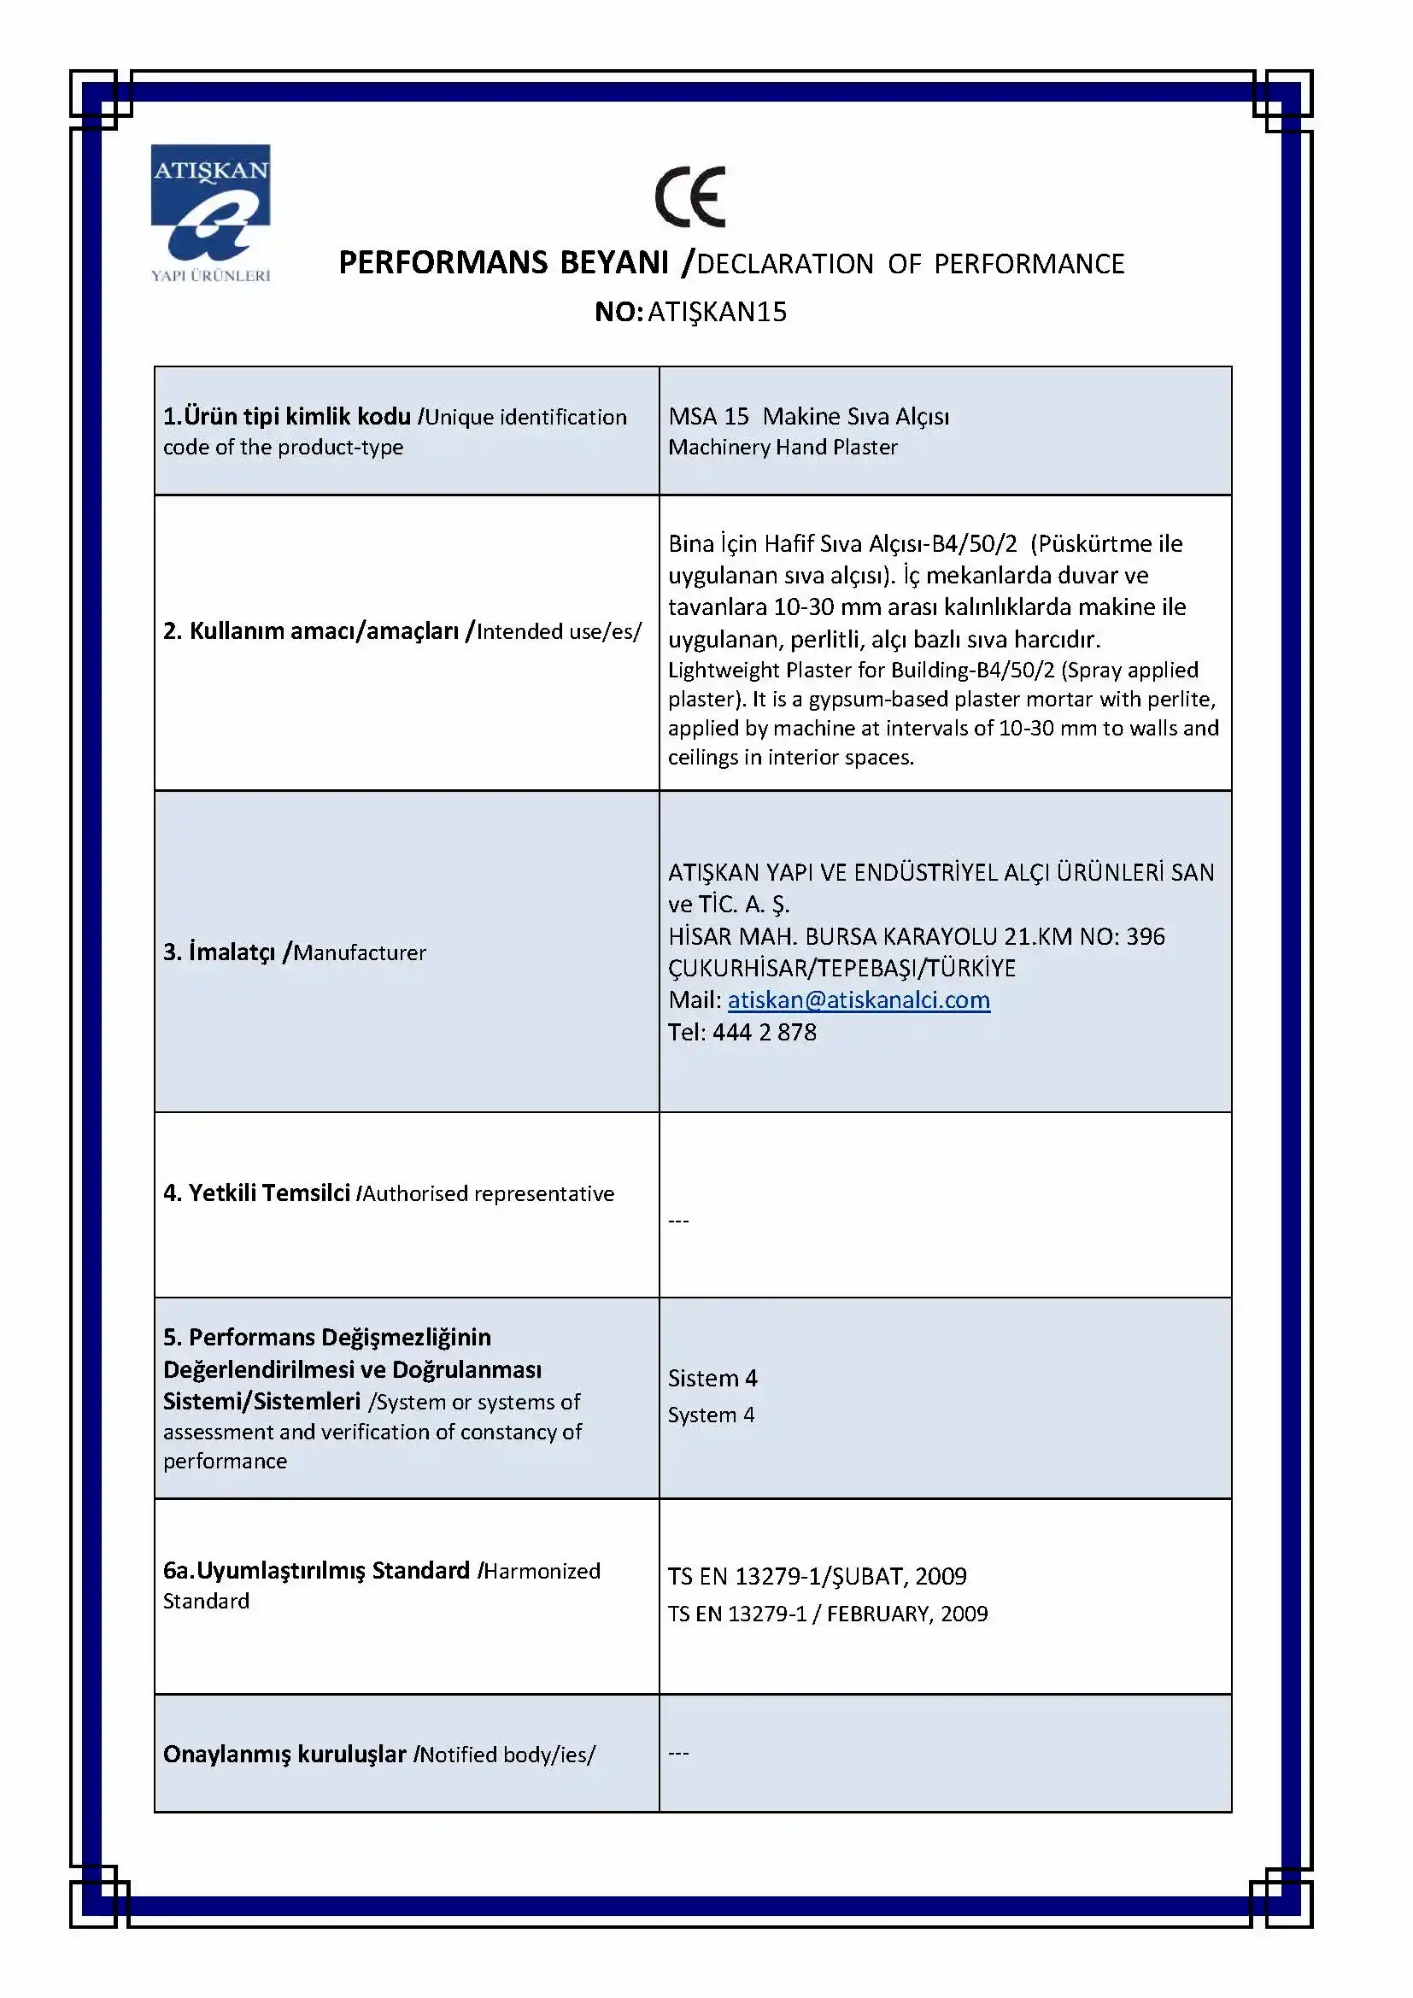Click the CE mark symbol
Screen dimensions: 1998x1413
pyautogui.click(x=690, y=196)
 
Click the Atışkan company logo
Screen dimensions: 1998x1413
pyautogui.click(x=210, y=214)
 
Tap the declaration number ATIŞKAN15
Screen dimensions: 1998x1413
pyautogui.click(x=717, y=312)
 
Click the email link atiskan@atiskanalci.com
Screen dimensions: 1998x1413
pyautogui.click(x=859, y=1000)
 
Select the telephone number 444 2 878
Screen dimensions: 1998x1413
pyautogui.click(x=764, y=1032)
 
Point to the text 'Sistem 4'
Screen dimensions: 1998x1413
pyautogui.click(x=712, y=1378)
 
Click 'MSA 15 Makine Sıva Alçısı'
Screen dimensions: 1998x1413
pyautogui.click(x=808, y=416)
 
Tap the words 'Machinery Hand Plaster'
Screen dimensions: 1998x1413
pyautogui.click(x=783, y=448)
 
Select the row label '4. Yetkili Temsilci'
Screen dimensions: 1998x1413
pyautogui.click(x=256, y=1193)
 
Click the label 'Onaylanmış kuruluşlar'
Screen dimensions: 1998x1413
pyautogui.click(x=284, y=1754)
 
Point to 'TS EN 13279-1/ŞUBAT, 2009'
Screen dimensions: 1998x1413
pyautogui.click(x=817, y=1576)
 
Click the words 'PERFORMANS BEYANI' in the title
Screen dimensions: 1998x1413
pyautogui.click(x=503, y=263)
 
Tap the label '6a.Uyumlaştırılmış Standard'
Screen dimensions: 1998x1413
pyautogui.click(x=317, y=1571)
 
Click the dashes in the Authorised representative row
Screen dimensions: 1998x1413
pyautogui.click(x=678, y=1221)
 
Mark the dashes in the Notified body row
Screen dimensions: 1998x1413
pyautogui.click(x=678, y=1754)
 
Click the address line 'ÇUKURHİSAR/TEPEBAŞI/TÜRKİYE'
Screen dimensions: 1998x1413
pyautogui.click(x=841, y=968)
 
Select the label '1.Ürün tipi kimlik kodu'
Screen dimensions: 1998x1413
pyautogui.click(x=287, y=417)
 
